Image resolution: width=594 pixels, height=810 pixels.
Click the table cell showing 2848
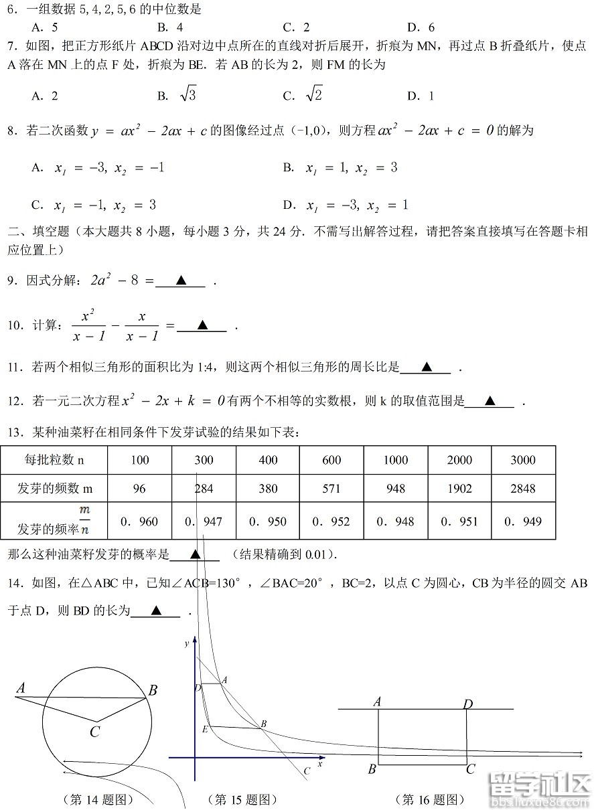[x=523, y=489]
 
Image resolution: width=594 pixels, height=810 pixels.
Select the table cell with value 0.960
[x=139, y=521]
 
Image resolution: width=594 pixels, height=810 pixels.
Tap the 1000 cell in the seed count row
[x=395, y=460]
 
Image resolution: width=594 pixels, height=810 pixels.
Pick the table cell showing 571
[x=331, y=489]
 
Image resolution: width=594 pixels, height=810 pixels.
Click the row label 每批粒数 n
[x=54, y=460]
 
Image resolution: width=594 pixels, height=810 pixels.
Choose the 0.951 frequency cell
[x=459, y=521]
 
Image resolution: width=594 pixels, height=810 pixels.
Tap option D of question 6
[x=421, y=27]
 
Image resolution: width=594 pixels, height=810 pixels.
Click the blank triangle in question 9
[x=180, y=281]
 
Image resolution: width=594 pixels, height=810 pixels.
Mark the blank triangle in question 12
[x=490, y=402]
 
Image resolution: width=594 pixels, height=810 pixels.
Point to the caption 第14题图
[x=98, y=799]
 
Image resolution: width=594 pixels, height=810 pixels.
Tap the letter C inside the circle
[x=95, y=732]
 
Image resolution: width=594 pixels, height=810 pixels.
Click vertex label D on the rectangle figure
[x=468, y=704]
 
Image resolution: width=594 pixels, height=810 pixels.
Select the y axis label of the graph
[x=187, y=643]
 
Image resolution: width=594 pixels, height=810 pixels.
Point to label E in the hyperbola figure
[x=204, y=729]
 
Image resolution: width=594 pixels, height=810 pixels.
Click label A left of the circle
[x=21, y=687]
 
